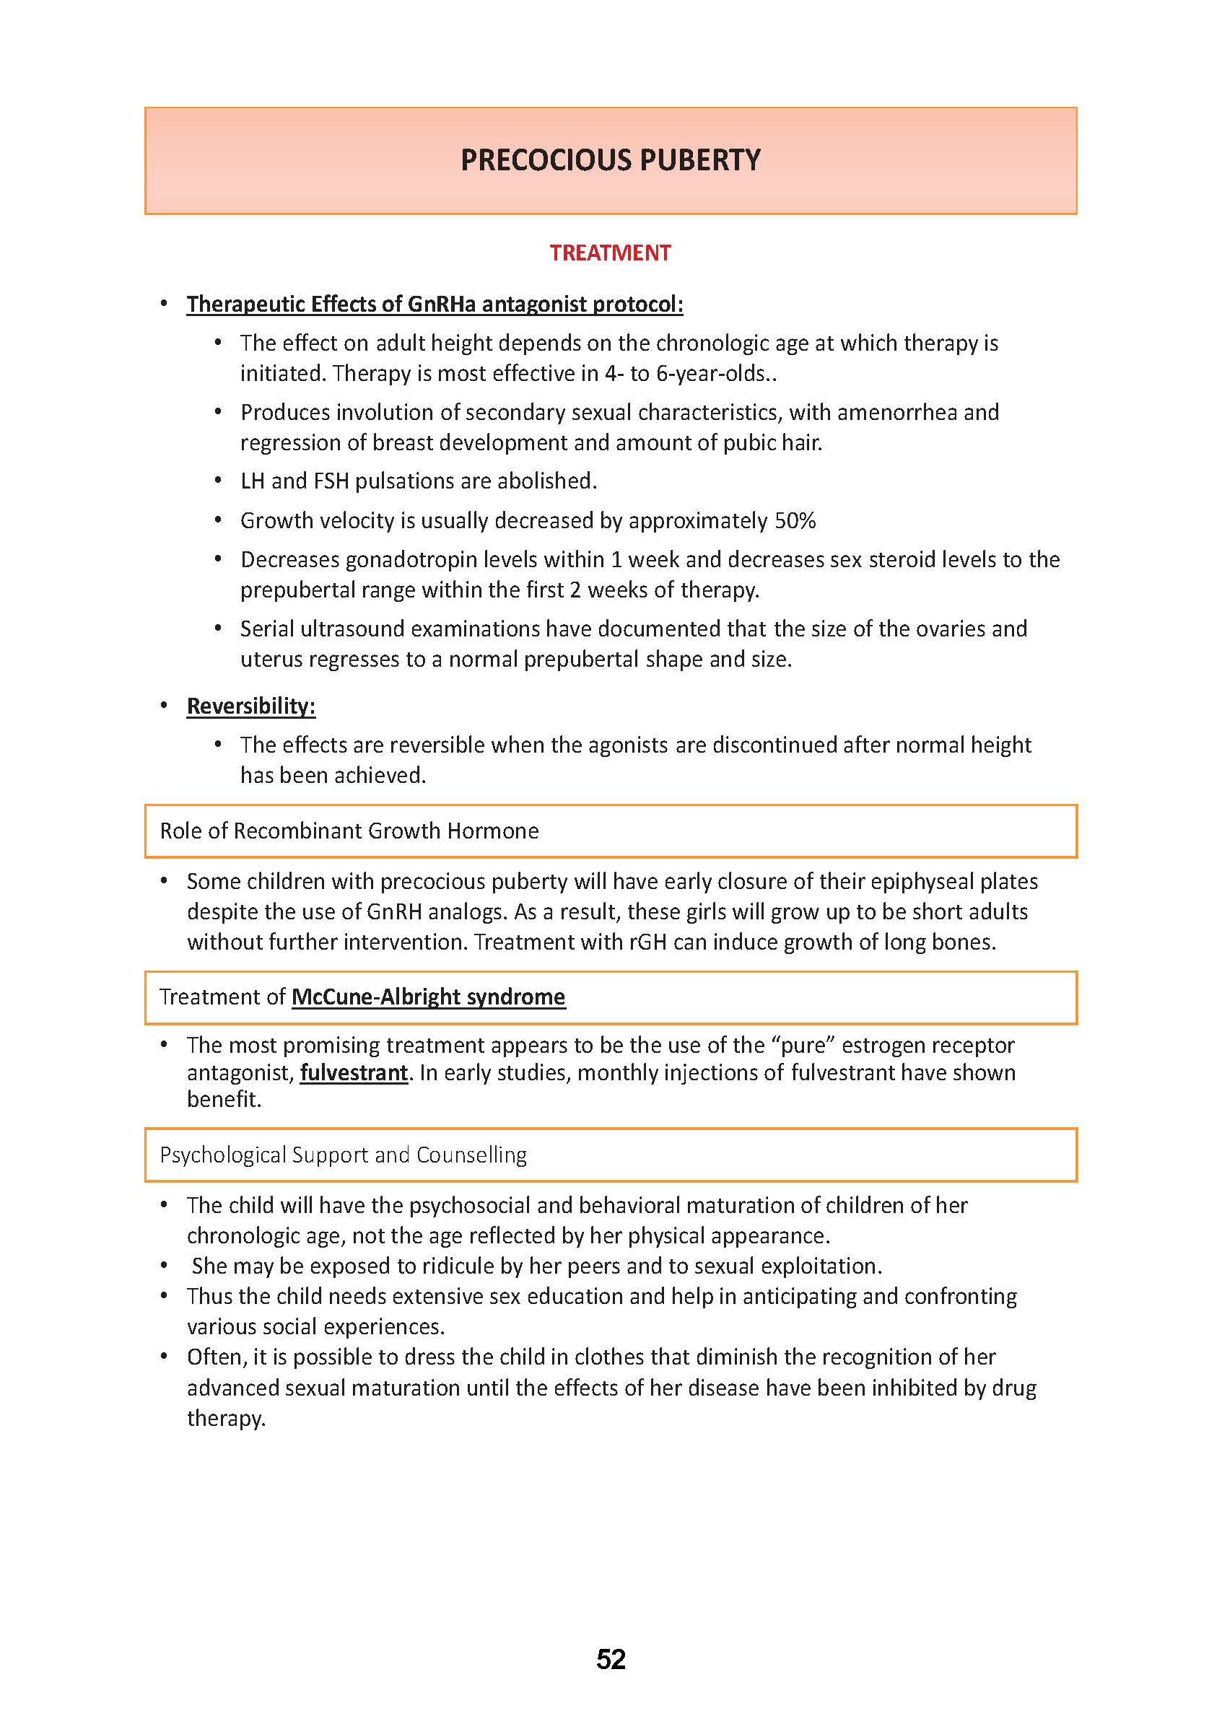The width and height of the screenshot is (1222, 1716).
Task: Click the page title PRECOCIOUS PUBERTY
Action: [610, 160]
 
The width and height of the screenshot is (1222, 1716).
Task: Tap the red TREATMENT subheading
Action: [609, 253]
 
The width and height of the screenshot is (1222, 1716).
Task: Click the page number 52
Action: [610, 1659]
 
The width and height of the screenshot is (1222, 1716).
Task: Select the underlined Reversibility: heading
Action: [250, 706]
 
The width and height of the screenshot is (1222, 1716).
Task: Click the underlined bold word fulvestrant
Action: [354, 1072]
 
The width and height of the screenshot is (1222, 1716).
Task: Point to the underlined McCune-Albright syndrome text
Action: [428, 997]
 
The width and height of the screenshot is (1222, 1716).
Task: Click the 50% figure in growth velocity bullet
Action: [795, 520]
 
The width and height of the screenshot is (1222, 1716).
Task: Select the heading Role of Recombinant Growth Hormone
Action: [349, 831]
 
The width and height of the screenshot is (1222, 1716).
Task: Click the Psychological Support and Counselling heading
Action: [343, 1155]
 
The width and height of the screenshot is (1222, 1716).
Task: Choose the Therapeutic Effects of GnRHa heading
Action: [435, 304]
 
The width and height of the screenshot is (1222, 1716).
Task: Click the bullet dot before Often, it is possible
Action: [164, 1357]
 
